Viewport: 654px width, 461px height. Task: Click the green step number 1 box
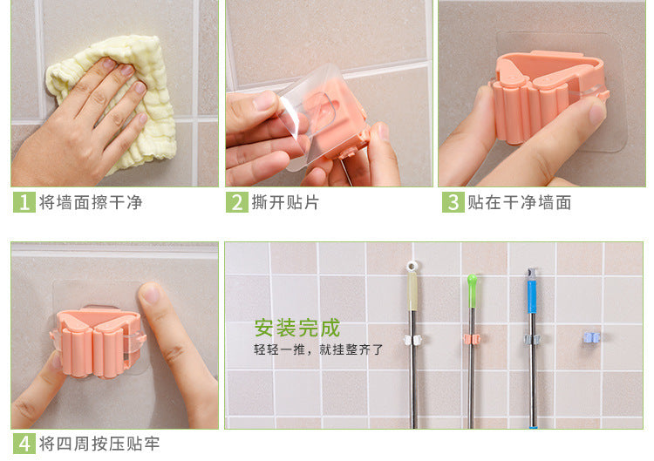click(x=24, y=202)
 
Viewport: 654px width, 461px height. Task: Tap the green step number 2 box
click(x=237, y=202)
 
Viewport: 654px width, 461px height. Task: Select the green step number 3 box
click(x=453, y=202)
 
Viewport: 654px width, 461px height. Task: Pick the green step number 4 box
click(x=24, y=444)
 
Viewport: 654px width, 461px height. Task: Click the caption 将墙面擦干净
click(x=91, y=202)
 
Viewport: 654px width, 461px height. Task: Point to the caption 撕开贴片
click(x=285, y=202)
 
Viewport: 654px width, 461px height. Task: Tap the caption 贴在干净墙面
click(x=520, y=202)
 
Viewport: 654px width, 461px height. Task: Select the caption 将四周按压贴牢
click(x=99, y=444)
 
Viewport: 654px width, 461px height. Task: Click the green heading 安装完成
click(x=297, y=328)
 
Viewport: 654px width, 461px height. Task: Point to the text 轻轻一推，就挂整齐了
click(x=318, y=349)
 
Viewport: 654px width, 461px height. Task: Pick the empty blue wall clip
click(x=591, y=337)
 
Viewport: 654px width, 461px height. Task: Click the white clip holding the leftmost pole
click(x=412, y=340)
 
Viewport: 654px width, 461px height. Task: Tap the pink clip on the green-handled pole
click(x=472, y=339)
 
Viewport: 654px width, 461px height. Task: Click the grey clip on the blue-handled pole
click(x=532, y=339)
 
